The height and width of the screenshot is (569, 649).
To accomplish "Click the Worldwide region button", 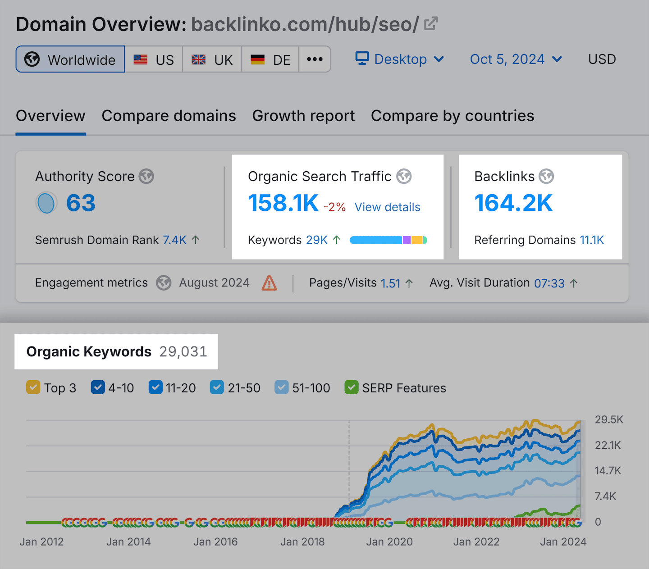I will point(70,59).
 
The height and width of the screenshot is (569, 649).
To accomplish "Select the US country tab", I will point(154,59).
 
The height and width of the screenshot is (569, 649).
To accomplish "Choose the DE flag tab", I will point(270,59).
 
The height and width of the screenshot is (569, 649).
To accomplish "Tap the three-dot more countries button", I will point(315,59).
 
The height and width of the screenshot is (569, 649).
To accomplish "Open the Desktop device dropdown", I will point(400,59).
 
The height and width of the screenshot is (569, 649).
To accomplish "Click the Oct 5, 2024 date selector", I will point(516,59).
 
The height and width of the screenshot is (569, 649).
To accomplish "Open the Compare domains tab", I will point(169,116).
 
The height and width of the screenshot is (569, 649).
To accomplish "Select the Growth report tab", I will point(303,116).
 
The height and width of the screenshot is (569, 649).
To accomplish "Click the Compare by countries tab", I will point(452,116).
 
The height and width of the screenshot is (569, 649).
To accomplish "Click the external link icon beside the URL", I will point(431,23).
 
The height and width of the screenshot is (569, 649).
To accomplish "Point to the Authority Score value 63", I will point(81,203).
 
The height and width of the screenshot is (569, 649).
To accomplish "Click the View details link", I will point(387,207).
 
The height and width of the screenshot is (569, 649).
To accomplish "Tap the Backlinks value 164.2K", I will point(513,203).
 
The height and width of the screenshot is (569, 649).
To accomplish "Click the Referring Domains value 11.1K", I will point(591,240).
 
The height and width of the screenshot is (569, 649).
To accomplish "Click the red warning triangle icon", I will point(269,283).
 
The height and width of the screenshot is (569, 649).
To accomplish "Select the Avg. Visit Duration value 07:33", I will point(549,283).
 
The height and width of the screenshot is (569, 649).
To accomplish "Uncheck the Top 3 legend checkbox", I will point(33,387).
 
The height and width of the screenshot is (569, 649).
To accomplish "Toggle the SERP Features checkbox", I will point(351,387).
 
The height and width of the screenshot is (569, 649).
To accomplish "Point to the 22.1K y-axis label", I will point(608,445).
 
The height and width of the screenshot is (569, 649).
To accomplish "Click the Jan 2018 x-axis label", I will point(302,542).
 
